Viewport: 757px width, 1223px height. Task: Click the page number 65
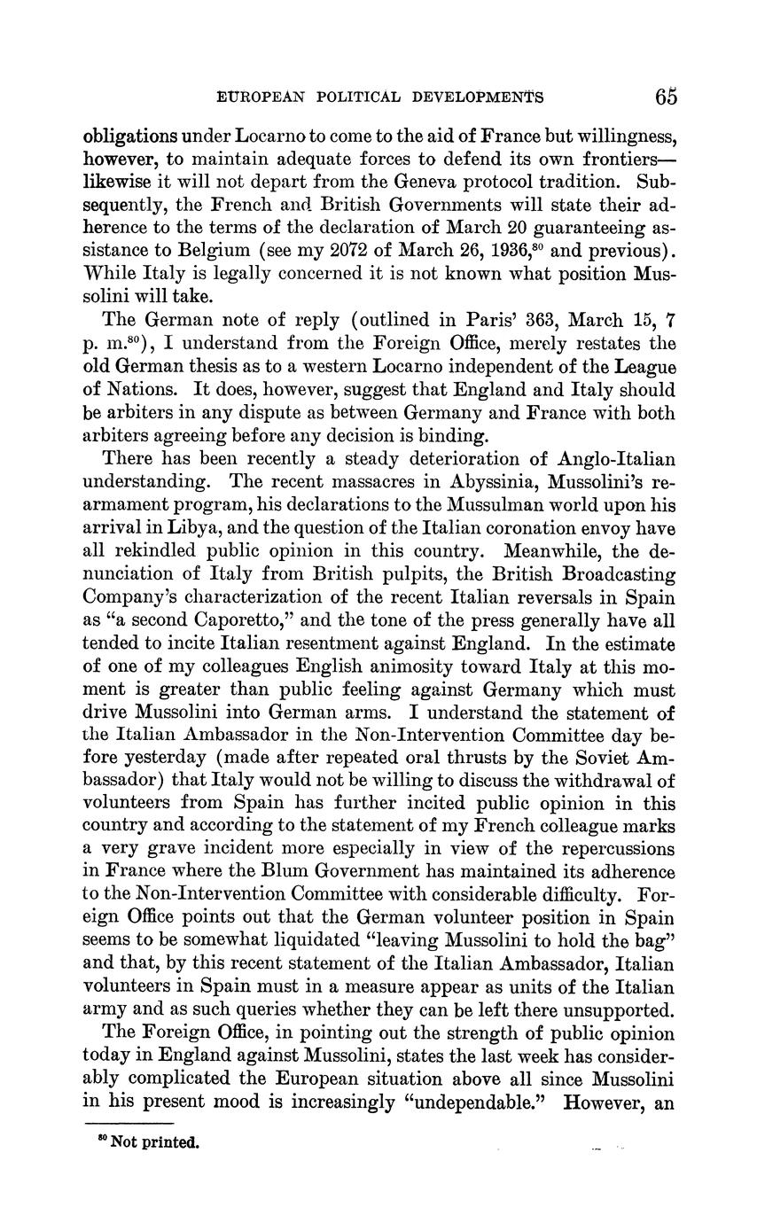point(667,97)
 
